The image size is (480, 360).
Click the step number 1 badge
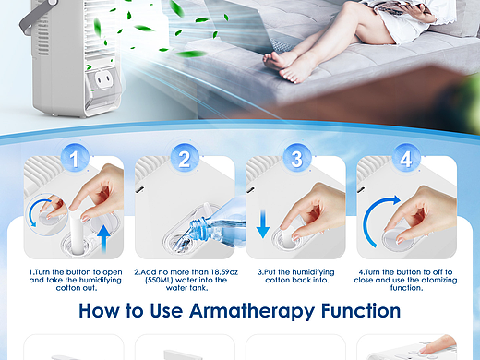point(75,159)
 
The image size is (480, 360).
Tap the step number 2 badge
point(185,159)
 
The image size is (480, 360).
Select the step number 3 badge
point(296,159)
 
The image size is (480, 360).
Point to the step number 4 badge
point(406,159)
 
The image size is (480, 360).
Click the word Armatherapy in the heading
point(252,312)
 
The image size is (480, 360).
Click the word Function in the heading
point(361,310)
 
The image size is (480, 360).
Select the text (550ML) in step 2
point(159,281)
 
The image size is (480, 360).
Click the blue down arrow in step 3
point(263,223)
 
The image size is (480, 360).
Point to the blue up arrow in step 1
point(104,239)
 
